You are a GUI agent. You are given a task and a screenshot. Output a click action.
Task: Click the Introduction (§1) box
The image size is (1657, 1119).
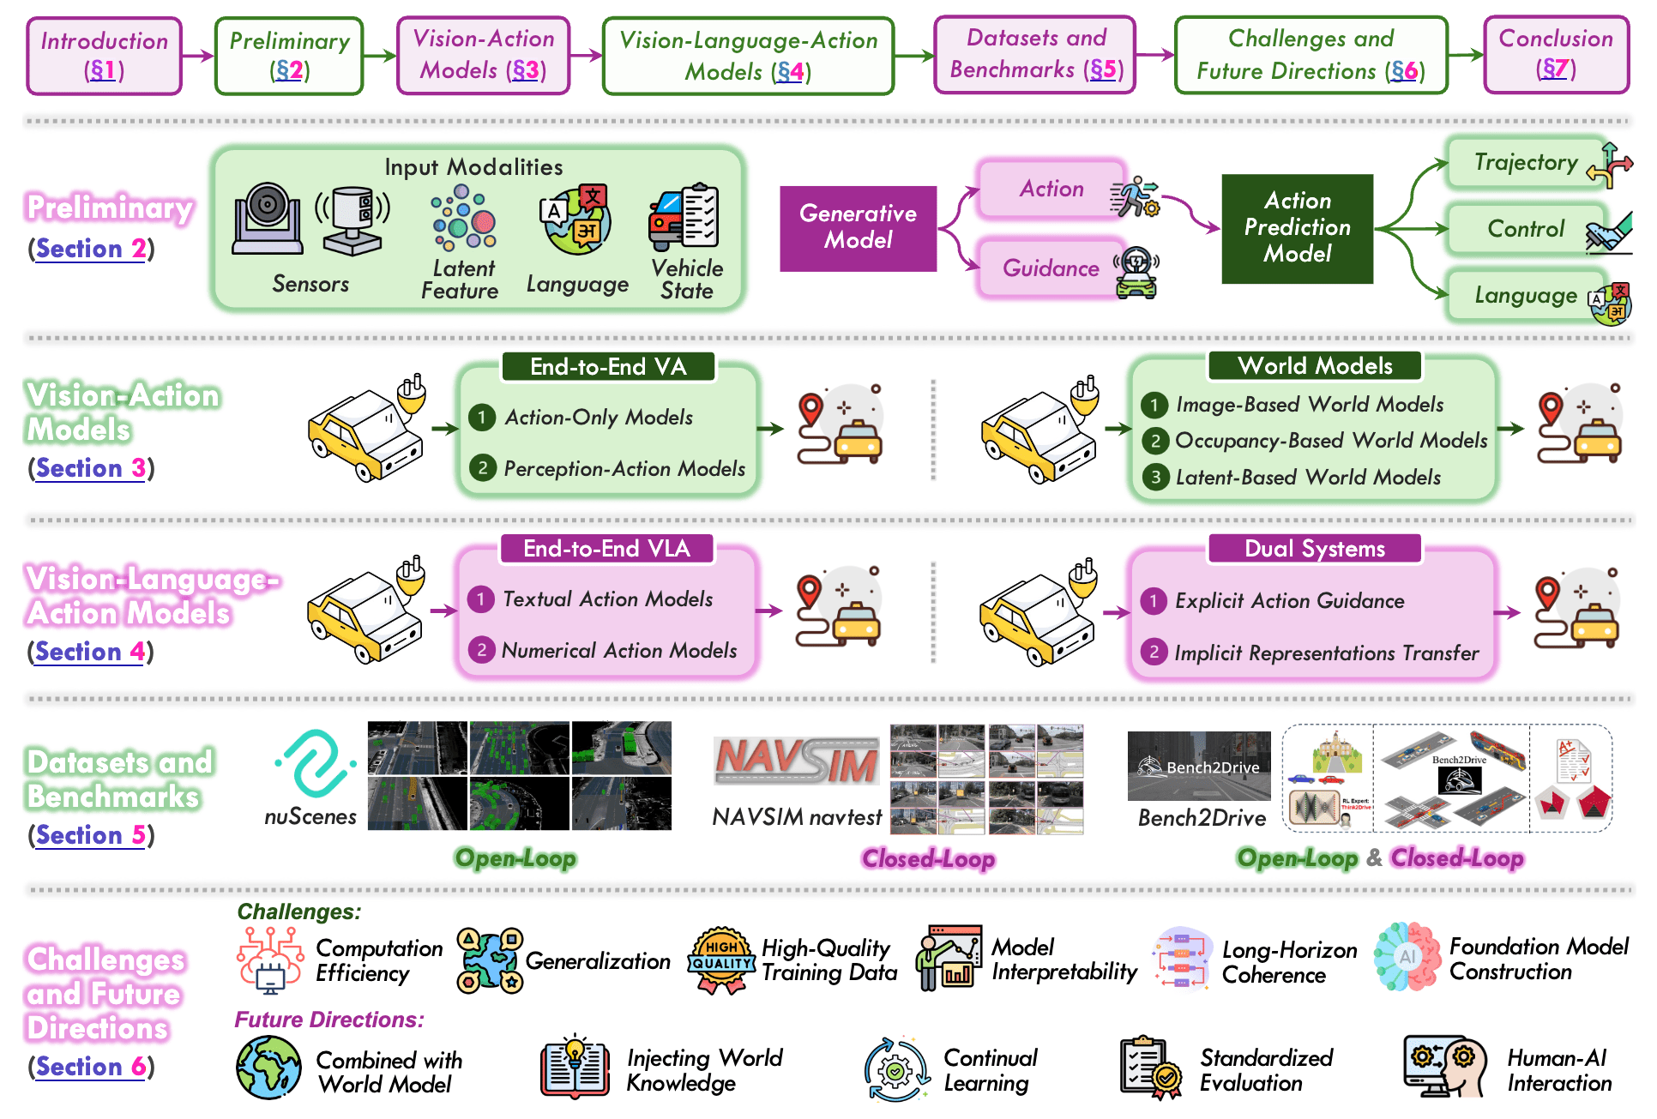pos(104,56)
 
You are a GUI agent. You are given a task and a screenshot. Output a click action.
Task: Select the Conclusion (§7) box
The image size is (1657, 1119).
pos(1556,54)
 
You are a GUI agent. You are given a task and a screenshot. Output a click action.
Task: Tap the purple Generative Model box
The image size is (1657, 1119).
pos(858,228)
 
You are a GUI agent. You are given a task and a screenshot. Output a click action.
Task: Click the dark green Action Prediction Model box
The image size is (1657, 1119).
pos(1297,228)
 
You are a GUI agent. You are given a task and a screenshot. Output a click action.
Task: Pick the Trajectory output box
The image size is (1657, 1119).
pos(1527,163)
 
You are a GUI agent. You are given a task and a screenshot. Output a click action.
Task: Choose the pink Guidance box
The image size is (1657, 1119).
pos(1051,268)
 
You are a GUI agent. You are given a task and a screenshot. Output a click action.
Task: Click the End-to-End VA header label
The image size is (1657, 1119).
pos(608,367)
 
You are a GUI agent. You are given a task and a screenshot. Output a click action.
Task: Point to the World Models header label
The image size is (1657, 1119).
pos(1315,366)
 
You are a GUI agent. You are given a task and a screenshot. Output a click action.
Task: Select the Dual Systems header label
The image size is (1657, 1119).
pos(1315,549)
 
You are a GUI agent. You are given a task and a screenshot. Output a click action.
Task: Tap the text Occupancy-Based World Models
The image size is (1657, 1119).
pos(1331,441)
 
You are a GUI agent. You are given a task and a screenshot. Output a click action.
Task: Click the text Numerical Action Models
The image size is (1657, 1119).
pos(619,651)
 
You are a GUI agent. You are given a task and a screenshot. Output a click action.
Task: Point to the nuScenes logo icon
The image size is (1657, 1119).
pos(315,762)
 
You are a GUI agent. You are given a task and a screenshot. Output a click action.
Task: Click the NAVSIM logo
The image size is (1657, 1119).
pos(797,761)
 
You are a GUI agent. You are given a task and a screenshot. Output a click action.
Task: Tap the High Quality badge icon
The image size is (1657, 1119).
pos(722,960)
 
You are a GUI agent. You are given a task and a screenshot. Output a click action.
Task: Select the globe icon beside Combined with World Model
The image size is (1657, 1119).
pos(268,1068)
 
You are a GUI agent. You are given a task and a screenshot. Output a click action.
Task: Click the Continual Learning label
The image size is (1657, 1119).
pos(991,1070)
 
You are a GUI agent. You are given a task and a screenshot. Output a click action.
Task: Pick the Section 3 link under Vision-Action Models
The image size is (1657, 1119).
pos(90,468)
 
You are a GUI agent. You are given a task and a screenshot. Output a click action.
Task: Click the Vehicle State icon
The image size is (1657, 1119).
pos(684,215)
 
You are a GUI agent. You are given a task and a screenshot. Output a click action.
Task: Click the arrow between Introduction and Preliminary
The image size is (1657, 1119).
pos(198,56)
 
